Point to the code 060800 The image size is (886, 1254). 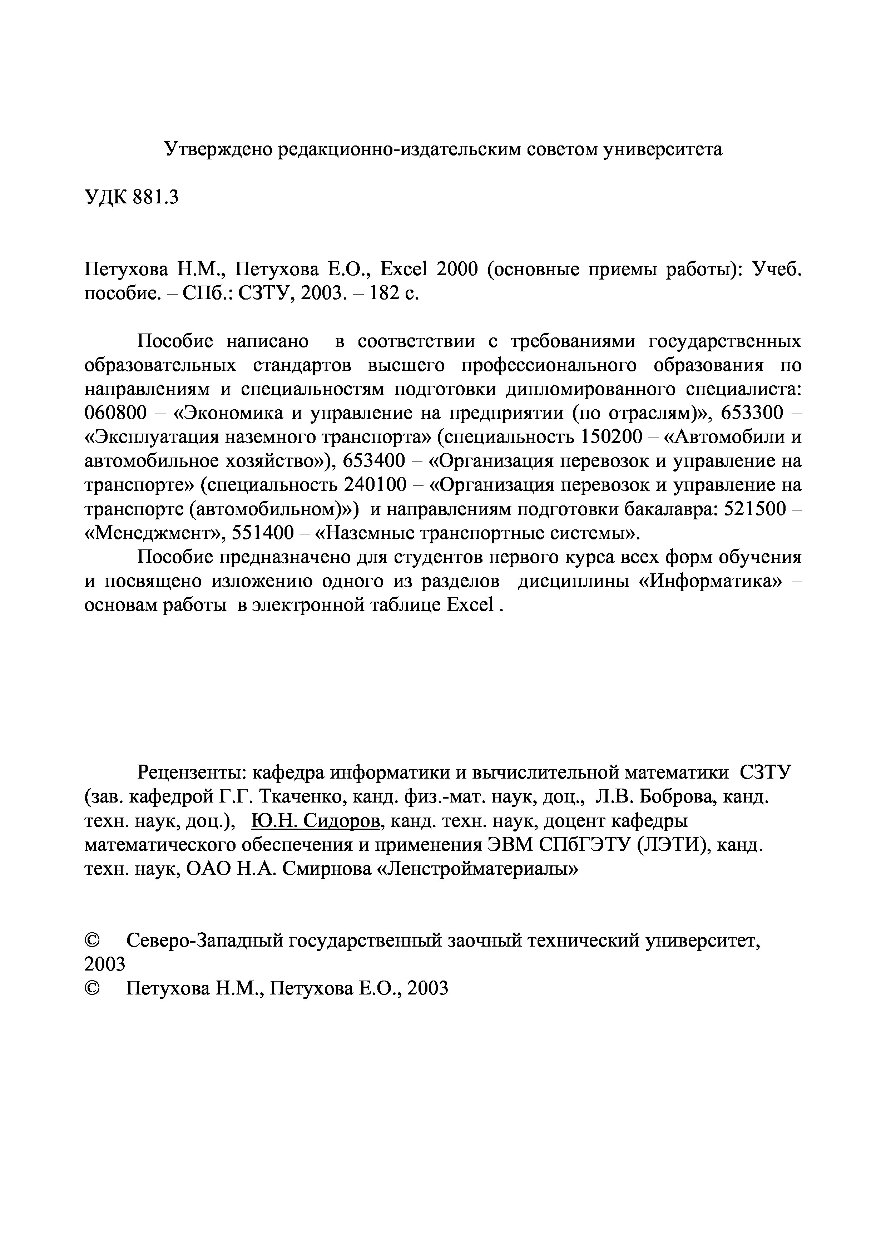[x=116, y=413]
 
